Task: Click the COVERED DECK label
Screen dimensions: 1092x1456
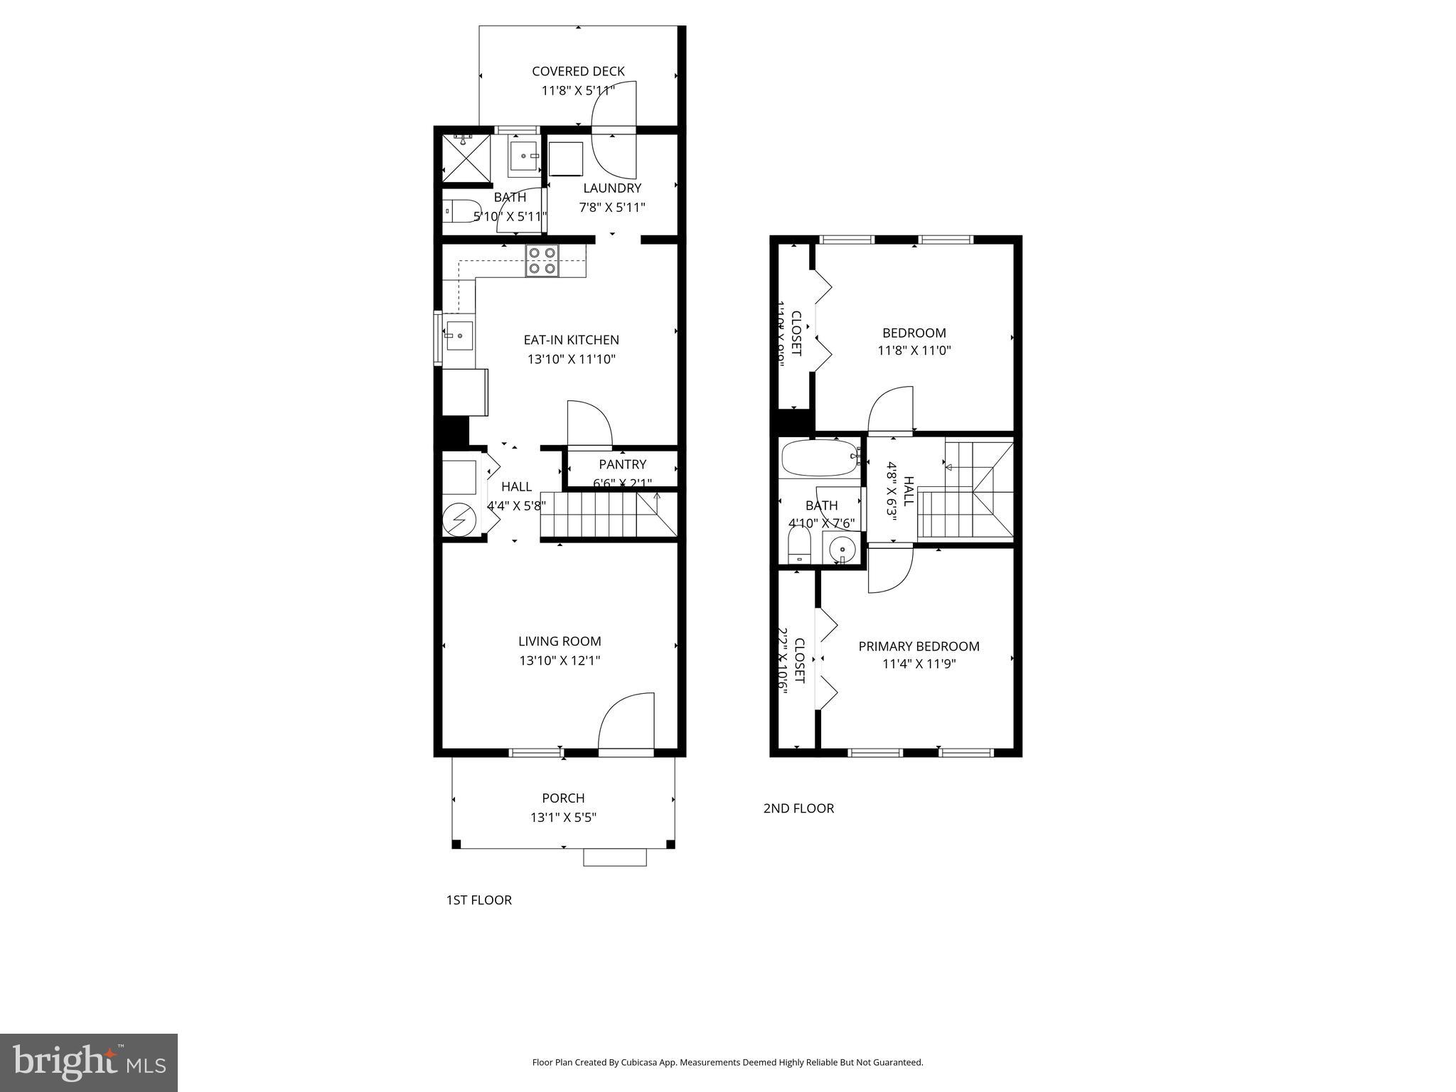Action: pyautogui.click(x=578, y=71)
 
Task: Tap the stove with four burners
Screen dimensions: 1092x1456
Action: pyautogui.click(x=542, y=260)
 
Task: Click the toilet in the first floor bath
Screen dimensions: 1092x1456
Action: pyautogui.click(x=461, y=211)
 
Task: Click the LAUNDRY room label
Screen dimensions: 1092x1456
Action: pyautogui.click(x=612, y=188)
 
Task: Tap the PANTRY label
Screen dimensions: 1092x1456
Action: pyautogui.click(x=622, y=464)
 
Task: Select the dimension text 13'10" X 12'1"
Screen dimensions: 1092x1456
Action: pyautogui.click(x=560, y=660)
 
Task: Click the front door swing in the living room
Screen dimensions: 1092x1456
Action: pyautogui.click(x=626, y=721)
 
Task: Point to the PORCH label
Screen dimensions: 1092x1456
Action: pyautogui.click(x=563, y=798)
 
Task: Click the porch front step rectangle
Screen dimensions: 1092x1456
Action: pyautogui.click(x=614, y=857)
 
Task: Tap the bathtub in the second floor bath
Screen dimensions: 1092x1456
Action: pyautogui.click(x=820, y=457)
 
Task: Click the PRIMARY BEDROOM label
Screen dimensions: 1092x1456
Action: pyautogui.click(x=919, y=646)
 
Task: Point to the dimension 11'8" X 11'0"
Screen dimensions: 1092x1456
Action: pyautogui.click(x=914, y=350)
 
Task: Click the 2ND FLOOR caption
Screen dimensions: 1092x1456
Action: pyautogui.click(x=798, y=808)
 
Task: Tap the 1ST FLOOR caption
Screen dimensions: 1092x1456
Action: pyautogui.click(x=478, y=900)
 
